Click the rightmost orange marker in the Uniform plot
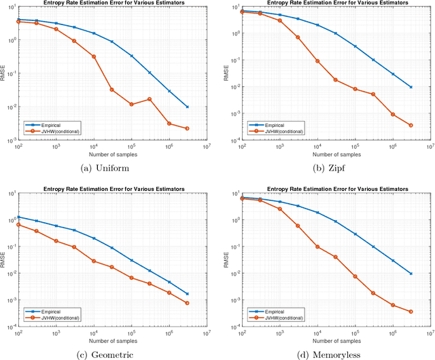187,128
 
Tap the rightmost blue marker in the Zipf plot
410,87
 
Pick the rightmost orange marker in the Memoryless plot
410,312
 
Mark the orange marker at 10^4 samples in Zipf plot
317,61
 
